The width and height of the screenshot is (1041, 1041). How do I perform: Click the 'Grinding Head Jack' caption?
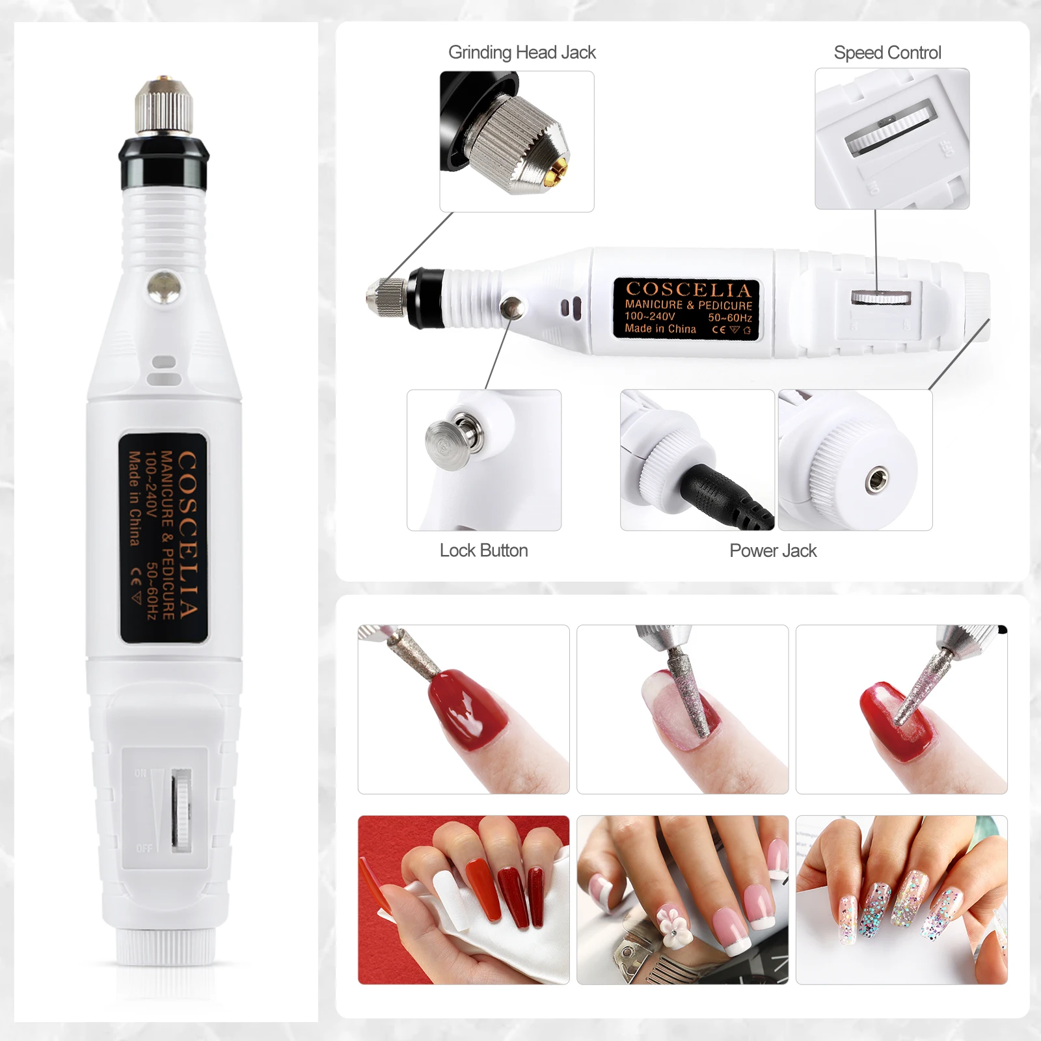pyautogui.click(x=522, y=53)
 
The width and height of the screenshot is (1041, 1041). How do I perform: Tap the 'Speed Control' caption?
pyautogui.click(x=887, y=53)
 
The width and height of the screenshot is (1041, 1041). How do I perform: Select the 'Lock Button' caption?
pyautogui.click(x=483, y=550)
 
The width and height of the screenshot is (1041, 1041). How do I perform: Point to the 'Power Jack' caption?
pyautogui.click(x=773, y=550)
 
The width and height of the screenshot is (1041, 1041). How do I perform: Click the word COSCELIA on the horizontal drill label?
pyautogui.click(x=688, y=290)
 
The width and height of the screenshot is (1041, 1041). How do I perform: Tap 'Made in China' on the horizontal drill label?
pyautogui.click(x=660, y=329)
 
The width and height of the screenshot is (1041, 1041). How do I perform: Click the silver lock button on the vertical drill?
pyautogui.click(x=163, y=288)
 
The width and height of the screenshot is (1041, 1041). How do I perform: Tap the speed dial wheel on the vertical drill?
pyautogui.click(x=182, y=811)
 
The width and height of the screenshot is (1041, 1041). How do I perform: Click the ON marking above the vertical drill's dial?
pyautogui.click(x=141, y=773)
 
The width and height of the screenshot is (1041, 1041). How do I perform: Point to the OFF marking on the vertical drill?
pyautogui.click(x=144, y=848)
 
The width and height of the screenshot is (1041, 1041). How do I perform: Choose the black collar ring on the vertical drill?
pyautogui.click(x=163, y=163)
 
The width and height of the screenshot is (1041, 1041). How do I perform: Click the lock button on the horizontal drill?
pyautogui.click(x=513, y=306)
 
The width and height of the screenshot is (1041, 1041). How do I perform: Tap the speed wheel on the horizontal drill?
pyautogui.click(x=880, y=297)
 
